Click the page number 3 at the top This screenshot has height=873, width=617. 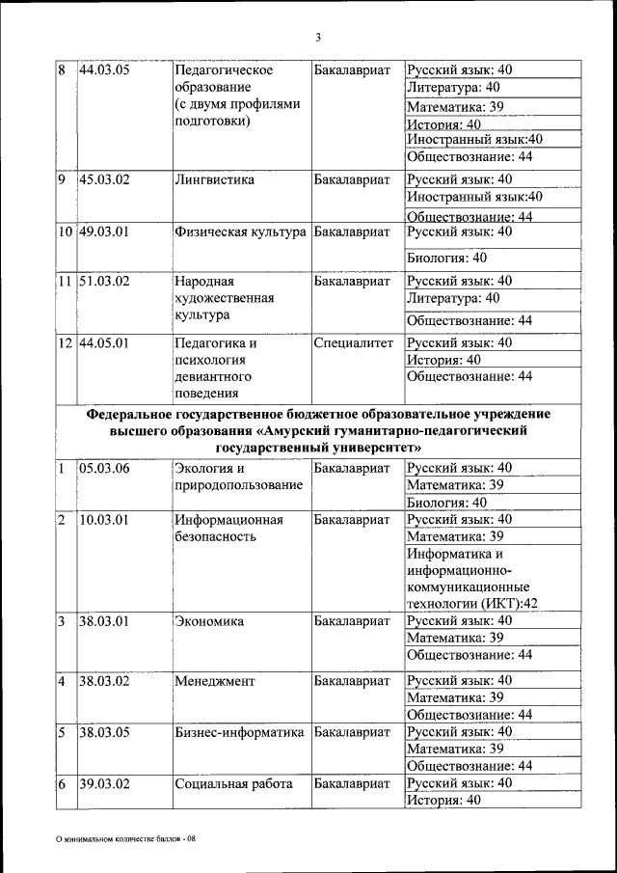click(317, 38)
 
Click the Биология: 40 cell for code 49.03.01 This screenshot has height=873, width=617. click(446, 259)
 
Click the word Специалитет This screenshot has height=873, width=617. click(354, 343)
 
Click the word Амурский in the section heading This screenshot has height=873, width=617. click(313, 431)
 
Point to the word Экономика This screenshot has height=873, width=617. click(208, 621)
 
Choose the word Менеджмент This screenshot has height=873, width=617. click(214, 681)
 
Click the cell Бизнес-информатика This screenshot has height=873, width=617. click(239, 733)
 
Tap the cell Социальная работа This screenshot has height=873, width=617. click(233, 784)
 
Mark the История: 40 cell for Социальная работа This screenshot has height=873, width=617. click(444, 801)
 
